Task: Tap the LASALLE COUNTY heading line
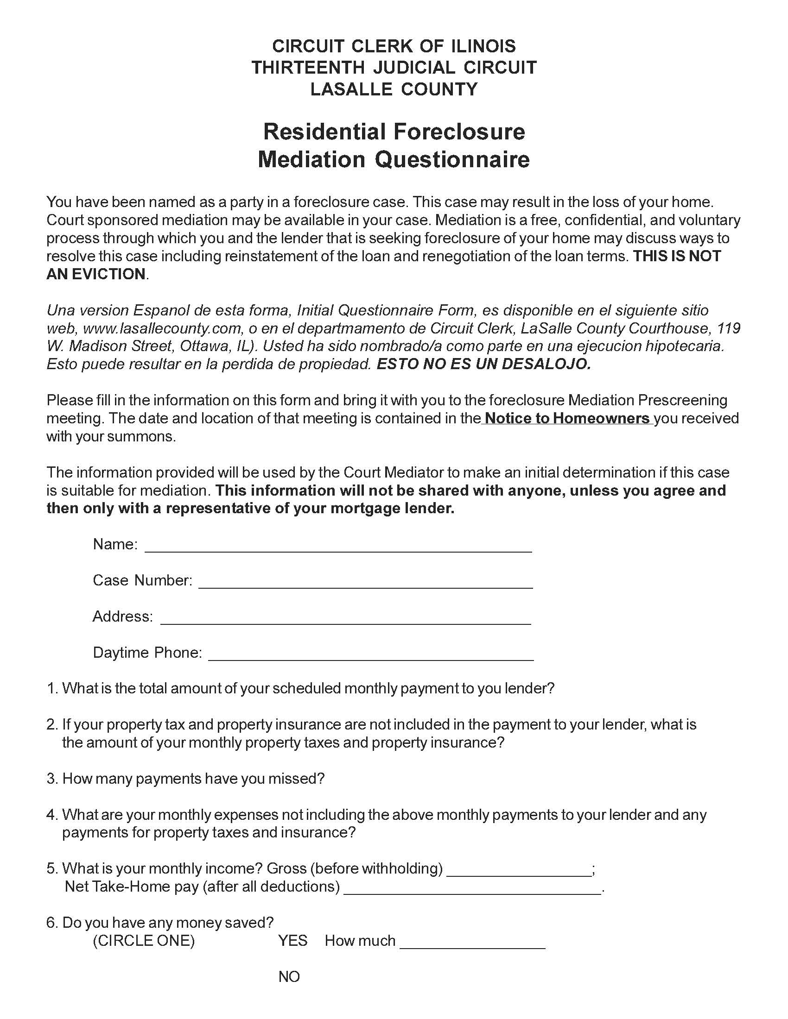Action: click(x=394, y=89)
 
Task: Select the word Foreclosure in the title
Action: click(x=459, y=132)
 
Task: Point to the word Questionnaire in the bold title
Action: click(x=452, y=160)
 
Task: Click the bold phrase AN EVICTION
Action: click(x=96, y=274)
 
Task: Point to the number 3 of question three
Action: click(x=51, y=779)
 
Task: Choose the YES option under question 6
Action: click(x=292, y=941)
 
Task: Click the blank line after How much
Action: click(x=472, y=943)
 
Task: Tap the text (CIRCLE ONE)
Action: click(x=144, y=941)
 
